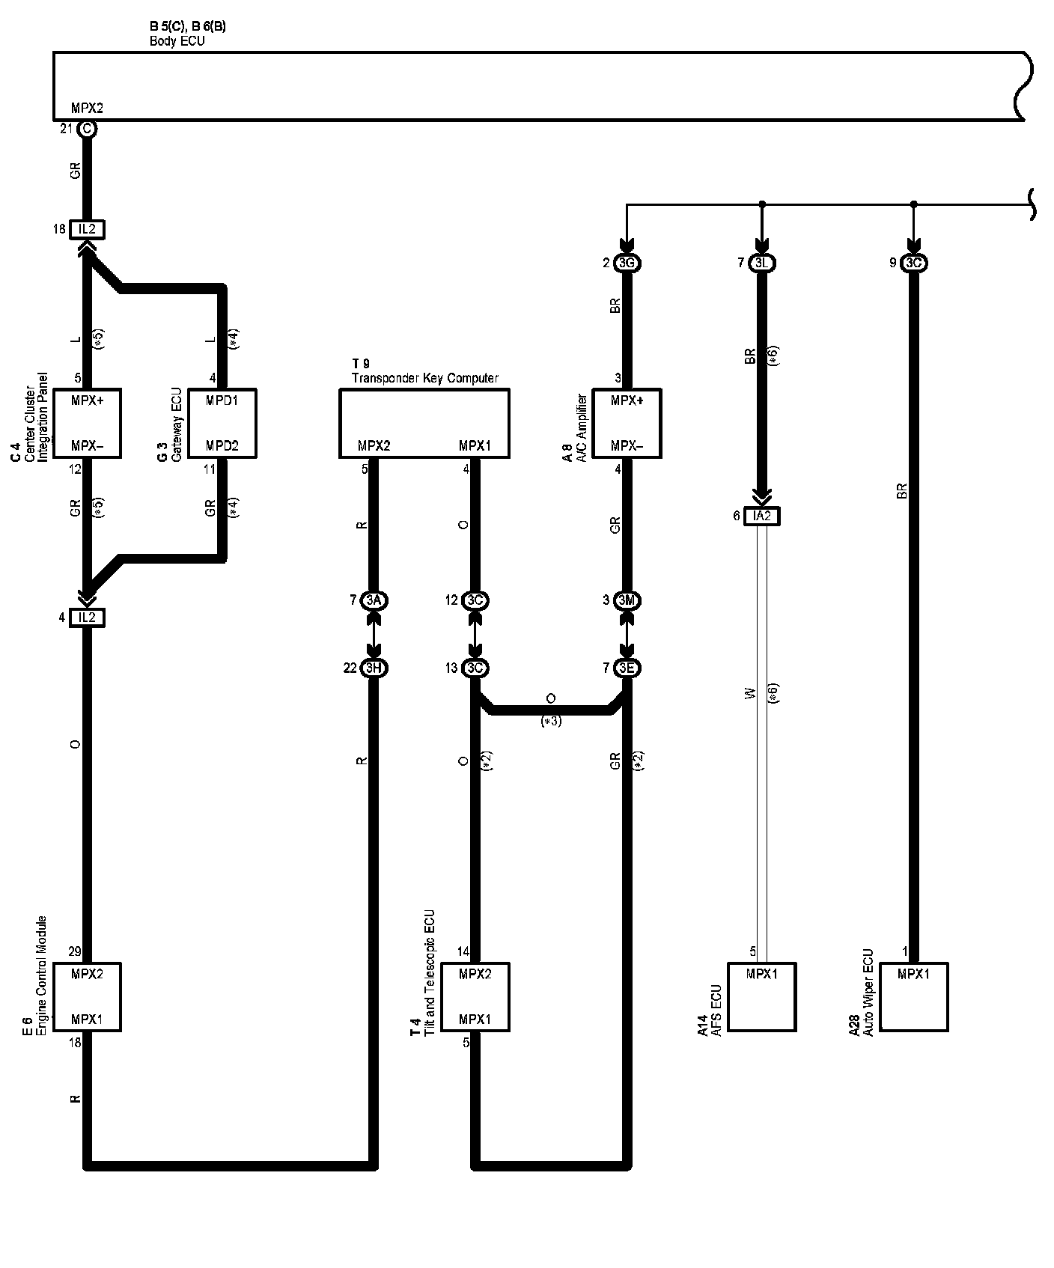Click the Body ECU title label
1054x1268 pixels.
tap(177, 41)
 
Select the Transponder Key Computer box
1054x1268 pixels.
tap(424, 423)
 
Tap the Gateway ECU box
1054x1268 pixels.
tap(222, 423)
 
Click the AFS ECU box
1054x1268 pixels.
tap(762, 996)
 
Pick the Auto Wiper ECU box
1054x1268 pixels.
tap(913, 996)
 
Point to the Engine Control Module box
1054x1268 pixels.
tap(87, 996)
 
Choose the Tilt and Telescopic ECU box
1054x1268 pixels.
tap(475, 996)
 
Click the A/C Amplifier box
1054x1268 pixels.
tap(627, 423)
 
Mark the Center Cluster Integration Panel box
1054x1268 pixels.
tap(87, 423)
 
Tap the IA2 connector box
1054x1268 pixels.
tap(762, 516)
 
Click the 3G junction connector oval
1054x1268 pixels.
tap(627, 263)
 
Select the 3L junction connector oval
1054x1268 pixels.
tap(762, 263)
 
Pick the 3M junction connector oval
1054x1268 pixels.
tap(627, 600)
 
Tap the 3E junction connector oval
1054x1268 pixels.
tap(627, 668)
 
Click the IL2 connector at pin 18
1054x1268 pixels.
tap(87, 230)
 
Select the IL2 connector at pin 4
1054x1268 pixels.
tap(87, 618)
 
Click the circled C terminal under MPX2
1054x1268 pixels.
tap(87, 129)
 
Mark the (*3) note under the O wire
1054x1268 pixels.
tap(551, 722)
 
